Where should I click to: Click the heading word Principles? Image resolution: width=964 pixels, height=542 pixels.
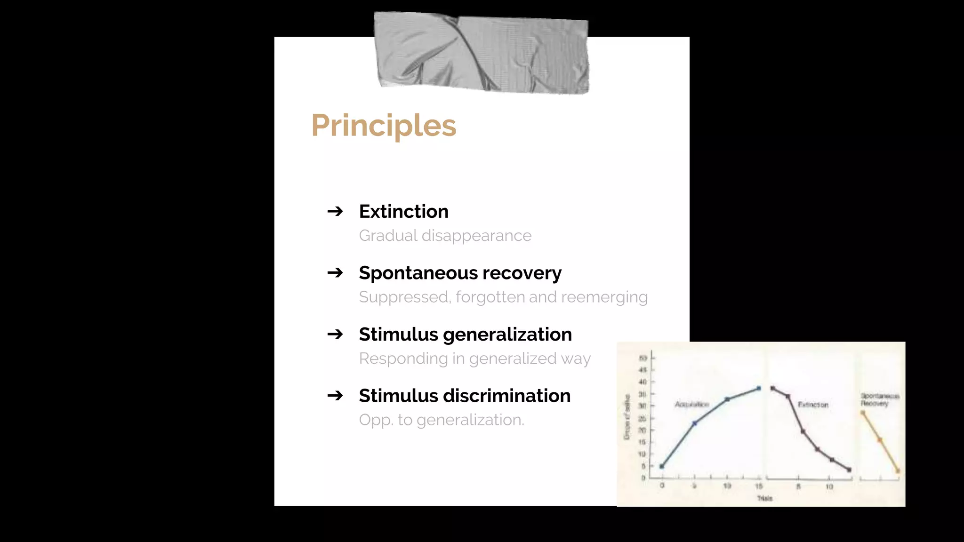coord(383,126)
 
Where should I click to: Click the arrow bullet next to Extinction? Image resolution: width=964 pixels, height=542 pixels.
coord(335,211)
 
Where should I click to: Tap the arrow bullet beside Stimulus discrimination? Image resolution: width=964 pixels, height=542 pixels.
coord(335,395)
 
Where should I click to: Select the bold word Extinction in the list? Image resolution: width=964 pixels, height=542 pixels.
coord(403,211)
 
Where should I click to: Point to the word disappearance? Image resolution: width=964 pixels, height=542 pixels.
coord(476,235)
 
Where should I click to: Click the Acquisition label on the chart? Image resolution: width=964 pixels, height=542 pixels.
coord(691,404)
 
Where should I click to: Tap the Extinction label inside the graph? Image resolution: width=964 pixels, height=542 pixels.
coord(813,405)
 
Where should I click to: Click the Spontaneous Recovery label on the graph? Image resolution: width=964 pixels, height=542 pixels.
coord(879,399)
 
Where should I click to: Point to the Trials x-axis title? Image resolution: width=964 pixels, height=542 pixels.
coord(764,498)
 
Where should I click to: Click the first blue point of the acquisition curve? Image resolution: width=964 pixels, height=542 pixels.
coord(662,466)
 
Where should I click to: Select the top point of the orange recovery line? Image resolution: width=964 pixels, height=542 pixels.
coord(863,413)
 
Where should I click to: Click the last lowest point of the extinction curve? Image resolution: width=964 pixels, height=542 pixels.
coord(849,470)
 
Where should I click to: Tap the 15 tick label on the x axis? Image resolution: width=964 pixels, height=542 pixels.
coord(759,486)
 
